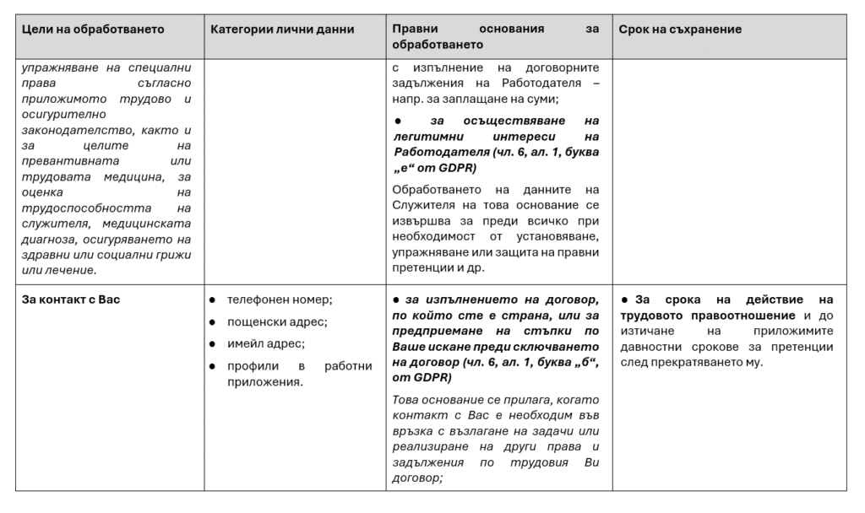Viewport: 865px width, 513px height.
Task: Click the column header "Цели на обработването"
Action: [x=93, y=30]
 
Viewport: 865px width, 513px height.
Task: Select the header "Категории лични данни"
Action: [x=282, y=30]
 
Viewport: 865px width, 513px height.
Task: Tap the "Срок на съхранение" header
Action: [x=680, y=30]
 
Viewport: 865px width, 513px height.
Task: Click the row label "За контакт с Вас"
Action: [x=71, y=300]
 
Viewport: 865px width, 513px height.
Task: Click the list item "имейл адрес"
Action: [x=266, y=343]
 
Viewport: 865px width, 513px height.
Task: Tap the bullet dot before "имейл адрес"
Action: [x=212, y=343]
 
